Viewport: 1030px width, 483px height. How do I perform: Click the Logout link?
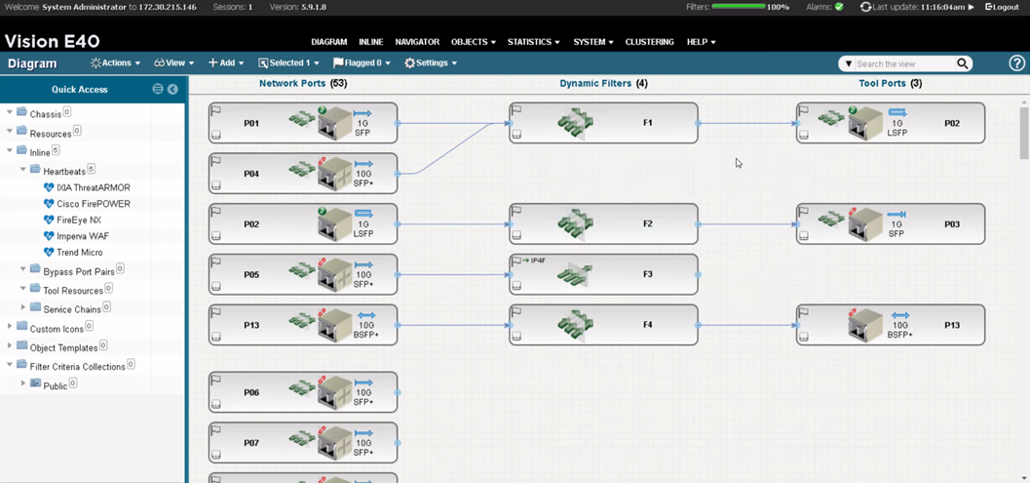[x=1002, y=7]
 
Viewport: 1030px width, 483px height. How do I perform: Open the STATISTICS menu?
[x=533, y=42]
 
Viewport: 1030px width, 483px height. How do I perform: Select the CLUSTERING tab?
[x=649, y=42]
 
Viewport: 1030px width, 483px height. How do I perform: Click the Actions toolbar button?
[x=116, y=63]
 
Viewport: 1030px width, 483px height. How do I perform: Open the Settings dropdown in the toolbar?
[x=431, y=63]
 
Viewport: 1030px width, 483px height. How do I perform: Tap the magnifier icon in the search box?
[x=962, y=63]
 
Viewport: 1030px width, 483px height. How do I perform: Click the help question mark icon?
[x=1016, y=63]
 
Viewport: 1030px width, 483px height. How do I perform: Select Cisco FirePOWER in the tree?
[x=93, y=204]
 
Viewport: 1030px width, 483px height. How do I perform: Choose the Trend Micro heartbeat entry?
[x=79, y=253]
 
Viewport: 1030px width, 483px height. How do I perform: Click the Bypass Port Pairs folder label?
[x=78, y=271]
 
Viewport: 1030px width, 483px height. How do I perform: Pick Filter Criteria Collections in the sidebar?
[x=76, y=367]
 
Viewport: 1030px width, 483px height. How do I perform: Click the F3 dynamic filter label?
[x=648, y=274]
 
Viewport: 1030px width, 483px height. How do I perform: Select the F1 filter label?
[x=648, y=123]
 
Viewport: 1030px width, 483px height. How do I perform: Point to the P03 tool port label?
[x=952, y=224]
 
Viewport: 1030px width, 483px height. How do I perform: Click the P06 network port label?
[x=251, y=392]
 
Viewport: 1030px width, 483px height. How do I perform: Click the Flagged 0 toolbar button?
[x=362, y=63]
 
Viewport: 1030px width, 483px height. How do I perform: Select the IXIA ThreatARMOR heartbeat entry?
[x=93, y=187]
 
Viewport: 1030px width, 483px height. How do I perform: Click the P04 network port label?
[x=251, y=174]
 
